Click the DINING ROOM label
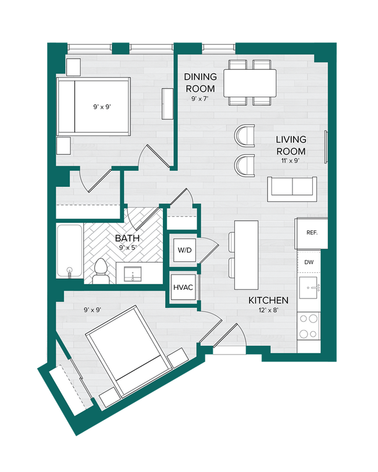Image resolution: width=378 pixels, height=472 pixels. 201,83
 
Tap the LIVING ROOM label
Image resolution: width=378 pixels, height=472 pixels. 291,145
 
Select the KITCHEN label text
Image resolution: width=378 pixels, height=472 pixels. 268,300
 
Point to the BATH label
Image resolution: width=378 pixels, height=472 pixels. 127,238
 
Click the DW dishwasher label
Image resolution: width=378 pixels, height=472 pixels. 309,262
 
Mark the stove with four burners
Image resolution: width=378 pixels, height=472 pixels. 309,328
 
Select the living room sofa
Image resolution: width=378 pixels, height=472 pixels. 292,186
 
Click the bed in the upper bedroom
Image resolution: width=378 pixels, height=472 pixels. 93,107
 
